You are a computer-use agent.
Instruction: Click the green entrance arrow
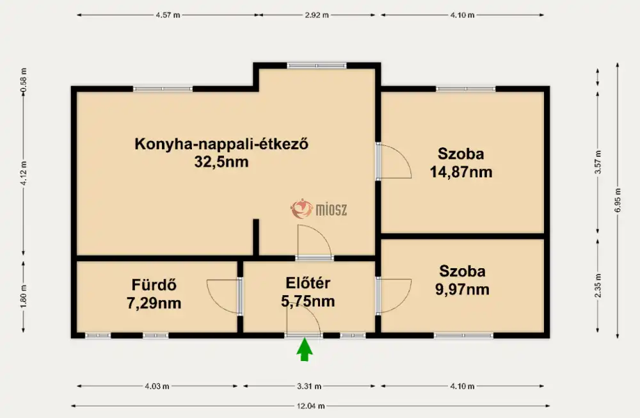(304, 350)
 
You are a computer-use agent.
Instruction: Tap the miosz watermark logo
(319, 209)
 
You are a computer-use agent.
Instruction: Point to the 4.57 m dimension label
(168, 15)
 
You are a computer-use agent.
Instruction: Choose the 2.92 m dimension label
(316, 15)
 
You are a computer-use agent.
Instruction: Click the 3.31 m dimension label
(309, 386)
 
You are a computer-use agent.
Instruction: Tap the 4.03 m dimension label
(157, 386)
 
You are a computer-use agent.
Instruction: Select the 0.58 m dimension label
(23, 80)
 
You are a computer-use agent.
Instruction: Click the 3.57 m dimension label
(598, 163)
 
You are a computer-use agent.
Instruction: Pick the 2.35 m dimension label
(598, 285)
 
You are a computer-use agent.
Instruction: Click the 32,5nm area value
(221, 162)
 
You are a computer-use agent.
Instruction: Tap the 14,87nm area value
(461, 172)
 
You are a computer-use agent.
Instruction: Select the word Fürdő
(154, 285)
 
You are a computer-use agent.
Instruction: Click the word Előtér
(308, 283)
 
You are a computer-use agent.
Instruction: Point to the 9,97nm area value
(462, 289)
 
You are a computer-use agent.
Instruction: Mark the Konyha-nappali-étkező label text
(221, 144)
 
